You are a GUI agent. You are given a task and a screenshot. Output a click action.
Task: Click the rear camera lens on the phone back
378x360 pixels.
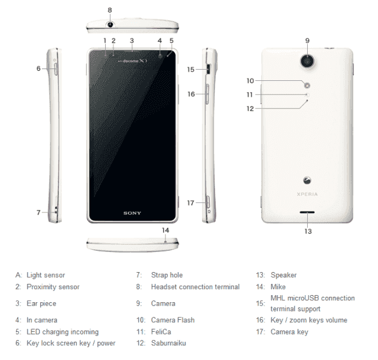(307, 61)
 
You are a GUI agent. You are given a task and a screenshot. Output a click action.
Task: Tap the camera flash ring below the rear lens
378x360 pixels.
(307, 86)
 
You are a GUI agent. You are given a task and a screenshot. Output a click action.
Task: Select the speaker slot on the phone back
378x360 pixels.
(307, 212)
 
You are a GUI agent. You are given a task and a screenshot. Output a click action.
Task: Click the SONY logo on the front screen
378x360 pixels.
(132, 213)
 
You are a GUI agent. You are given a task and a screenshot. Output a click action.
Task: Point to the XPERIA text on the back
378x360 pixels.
(307, 194)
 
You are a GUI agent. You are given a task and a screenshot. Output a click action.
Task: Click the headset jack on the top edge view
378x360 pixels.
(110, 24)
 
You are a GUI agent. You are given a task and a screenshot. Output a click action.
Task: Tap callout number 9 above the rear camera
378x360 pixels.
(307, 41)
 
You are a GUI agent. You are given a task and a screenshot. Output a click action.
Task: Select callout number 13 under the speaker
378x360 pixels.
(308, 231)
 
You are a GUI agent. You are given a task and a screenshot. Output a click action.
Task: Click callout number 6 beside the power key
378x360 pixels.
(38, 68)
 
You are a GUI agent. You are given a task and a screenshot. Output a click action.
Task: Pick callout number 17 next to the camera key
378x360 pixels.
(191, 203)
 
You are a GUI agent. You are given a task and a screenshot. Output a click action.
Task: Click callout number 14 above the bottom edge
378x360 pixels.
(165, 230)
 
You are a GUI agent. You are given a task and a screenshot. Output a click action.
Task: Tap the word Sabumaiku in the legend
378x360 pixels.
(168, 343)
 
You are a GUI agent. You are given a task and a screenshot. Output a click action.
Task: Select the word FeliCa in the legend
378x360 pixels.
(161, 332)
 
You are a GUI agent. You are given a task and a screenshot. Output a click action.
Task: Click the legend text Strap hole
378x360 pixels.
(167, 275)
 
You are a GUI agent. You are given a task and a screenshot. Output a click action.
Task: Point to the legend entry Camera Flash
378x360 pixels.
(173, 320)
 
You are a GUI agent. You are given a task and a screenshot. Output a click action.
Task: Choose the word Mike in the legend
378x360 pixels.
(278, 287)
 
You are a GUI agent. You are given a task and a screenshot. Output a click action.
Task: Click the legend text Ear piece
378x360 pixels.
(41, 303)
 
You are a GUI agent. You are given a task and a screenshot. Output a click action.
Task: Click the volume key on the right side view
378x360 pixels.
(207, 94)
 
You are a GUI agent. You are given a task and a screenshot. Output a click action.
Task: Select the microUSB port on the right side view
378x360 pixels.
(208, 69)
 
